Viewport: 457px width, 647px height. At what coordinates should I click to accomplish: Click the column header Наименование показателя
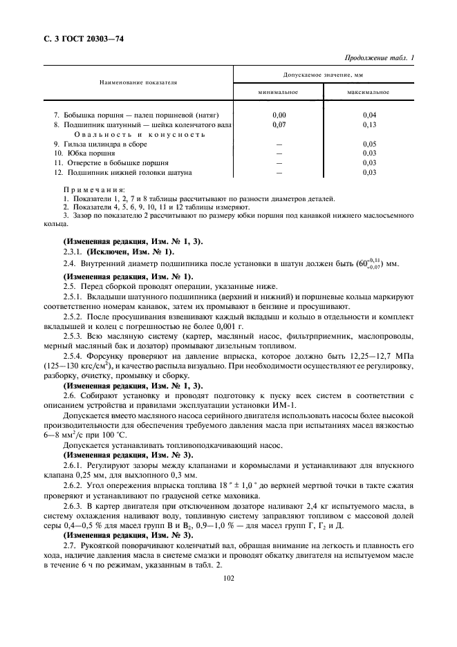(x=138, y=82)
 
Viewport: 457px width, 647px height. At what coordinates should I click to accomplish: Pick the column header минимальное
(x=279, y=92)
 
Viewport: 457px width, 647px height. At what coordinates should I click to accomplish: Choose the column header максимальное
(x=369, y=92)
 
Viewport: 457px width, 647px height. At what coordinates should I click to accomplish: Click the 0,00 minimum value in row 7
(x=279, y=114)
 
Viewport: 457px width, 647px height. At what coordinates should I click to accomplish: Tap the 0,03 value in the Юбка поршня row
(x=369, y=153)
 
